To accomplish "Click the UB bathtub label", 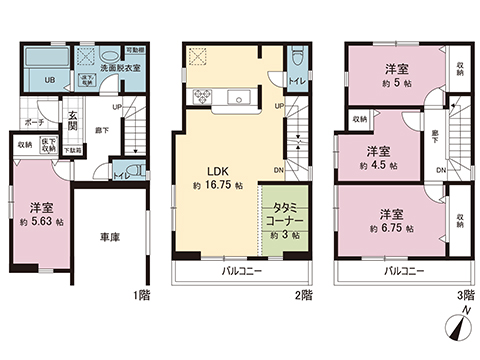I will (48, 81).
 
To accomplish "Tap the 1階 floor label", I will (142, 296).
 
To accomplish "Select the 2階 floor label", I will (304, 296).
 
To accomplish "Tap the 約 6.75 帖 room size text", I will (397, 229).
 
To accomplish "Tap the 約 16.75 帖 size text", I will (217, 186).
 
